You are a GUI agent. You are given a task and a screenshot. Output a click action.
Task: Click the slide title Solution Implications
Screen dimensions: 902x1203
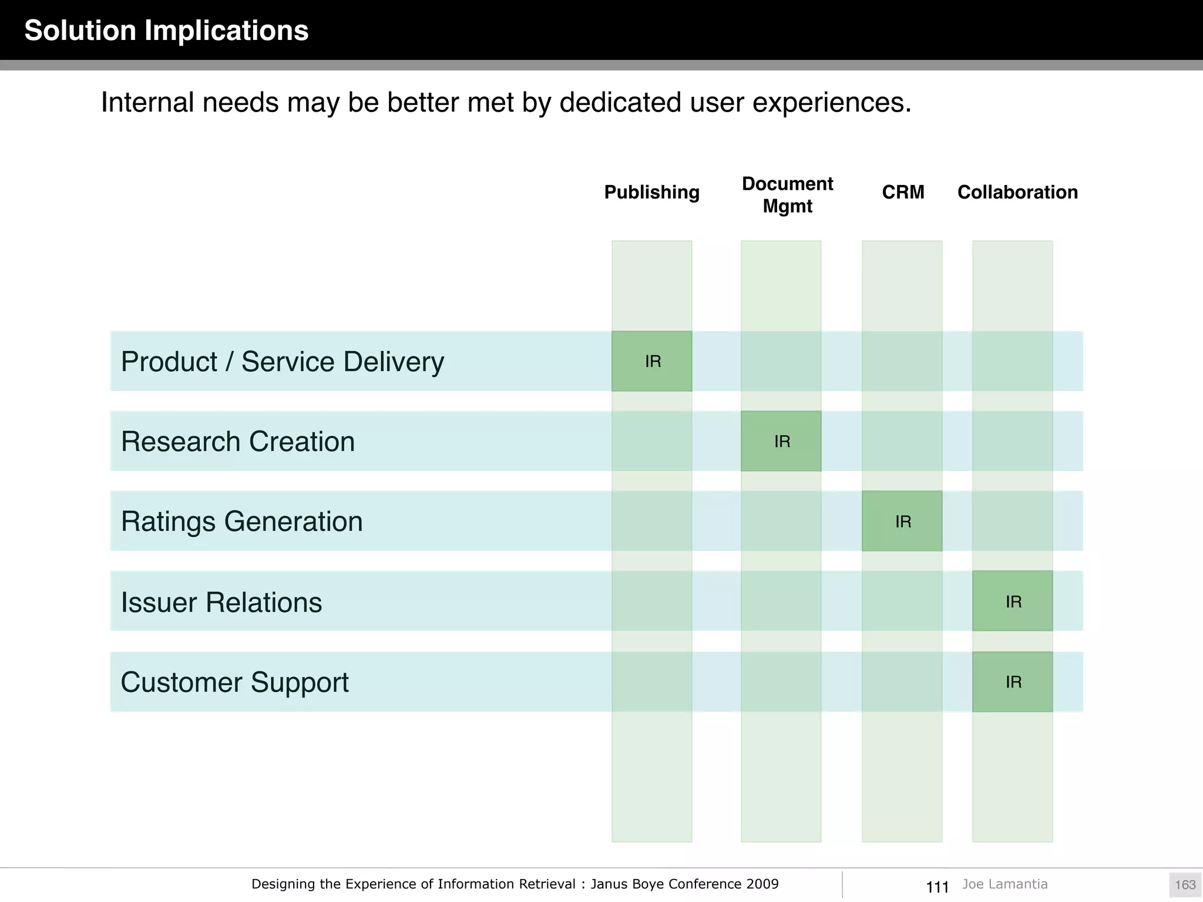[166, 31]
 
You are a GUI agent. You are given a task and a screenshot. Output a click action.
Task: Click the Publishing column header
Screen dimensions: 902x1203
[651, 192]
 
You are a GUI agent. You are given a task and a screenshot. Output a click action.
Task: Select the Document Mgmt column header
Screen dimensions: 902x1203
[787, 195]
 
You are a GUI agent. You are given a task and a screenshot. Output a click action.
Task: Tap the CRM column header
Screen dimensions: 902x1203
[903, 192]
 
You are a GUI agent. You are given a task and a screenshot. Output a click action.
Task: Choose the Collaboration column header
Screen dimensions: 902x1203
[1017, 192]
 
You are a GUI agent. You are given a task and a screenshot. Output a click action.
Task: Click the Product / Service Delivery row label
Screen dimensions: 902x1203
[282, 362]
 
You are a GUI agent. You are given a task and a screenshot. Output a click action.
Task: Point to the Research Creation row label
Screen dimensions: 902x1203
[238, 442]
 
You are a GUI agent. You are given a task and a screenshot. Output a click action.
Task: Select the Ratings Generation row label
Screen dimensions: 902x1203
[241, 521]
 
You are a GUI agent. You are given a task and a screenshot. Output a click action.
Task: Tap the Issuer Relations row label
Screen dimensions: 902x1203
[221, 602]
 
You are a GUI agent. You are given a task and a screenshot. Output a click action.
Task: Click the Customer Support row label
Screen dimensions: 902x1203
[234, 682]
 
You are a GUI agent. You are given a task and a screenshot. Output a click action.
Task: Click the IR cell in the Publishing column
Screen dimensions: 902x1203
[652, 361]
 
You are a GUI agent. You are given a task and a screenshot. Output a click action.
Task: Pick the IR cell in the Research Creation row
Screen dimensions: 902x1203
[781, 441]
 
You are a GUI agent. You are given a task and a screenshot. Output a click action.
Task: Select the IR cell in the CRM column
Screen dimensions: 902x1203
[902, 521]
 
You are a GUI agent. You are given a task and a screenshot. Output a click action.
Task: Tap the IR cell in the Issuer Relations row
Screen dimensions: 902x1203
[1013, 601]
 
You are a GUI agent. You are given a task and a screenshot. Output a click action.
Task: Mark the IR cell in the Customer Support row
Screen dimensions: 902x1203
[1013, 682]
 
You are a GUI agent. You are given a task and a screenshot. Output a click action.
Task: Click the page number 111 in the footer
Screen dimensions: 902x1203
[937, 887]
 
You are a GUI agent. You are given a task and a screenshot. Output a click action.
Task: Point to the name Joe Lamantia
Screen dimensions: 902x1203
[1004, 884]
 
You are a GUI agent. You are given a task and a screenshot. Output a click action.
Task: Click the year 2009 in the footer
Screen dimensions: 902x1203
[762, 884]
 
